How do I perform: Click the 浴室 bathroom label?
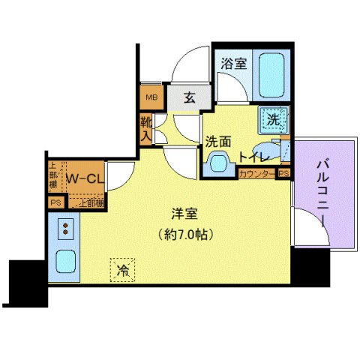231,64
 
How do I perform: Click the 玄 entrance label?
190,96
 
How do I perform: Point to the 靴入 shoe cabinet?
145,129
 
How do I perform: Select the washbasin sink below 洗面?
218,163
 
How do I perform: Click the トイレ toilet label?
253,157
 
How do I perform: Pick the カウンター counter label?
256,174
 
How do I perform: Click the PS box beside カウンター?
283,173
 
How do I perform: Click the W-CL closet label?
85,178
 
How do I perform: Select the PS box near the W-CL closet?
55,202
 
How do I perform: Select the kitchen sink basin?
65,262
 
